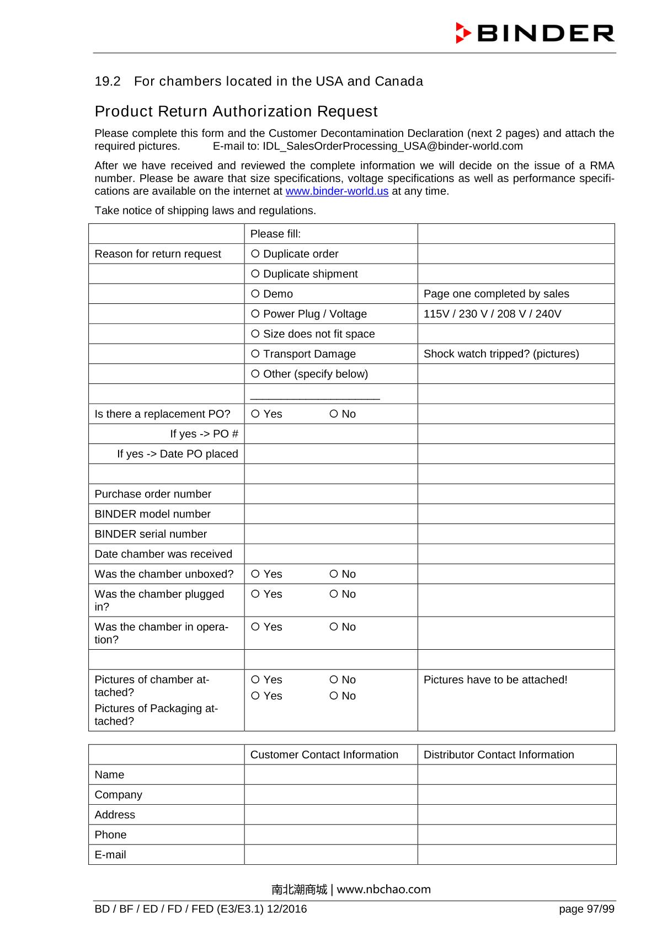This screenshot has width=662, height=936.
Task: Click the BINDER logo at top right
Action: click(x=535, y=33)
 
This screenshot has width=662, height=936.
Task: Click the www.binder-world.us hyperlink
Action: click(x=337, y=191)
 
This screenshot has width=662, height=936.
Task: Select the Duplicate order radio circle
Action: click(x=255, y=254)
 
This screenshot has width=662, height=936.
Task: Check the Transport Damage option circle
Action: click(x=255, y=354)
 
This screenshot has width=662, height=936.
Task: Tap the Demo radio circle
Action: click(x=255, y=293)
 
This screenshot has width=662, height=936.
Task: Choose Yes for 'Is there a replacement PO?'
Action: click(x=255, y=414)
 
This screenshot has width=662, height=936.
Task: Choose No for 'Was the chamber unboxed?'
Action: click(x=333, y=574)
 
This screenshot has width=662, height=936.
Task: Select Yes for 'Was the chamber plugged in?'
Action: click(x=255, y=594)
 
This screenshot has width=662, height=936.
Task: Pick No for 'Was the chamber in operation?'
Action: click(x=333, y=627)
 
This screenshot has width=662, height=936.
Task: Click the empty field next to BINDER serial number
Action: click(x=330, y=534)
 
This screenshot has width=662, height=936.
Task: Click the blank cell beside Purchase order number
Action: click(x=330, y=494)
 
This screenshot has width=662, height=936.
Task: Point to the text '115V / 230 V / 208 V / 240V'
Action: click(x=492, y=314)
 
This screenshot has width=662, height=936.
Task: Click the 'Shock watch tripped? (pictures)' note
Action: click(x=501, y=354)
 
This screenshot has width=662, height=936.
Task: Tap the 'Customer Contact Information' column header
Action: click(x=324, y=755)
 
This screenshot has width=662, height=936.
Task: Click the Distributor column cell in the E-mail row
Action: click(x=516, y=854)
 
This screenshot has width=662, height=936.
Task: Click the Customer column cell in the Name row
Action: click(x=330, y=774)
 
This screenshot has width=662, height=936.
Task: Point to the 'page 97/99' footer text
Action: click(x=586, y=909)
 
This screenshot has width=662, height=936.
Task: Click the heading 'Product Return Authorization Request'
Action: click(x=236, y=111)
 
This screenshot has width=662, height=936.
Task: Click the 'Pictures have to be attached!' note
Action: click(x=495, y=680)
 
